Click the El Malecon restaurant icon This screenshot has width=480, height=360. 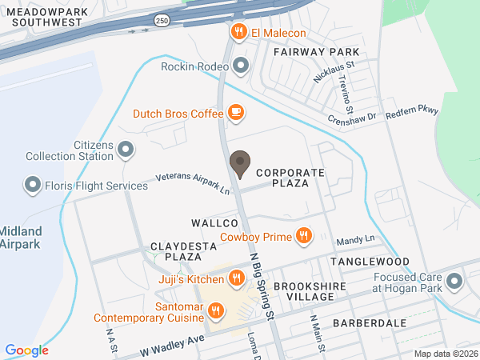coord(238,33)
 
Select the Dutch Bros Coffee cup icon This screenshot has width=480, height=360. coord(235,114)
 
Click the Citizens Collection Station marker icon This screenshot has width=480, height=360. coord(126,149)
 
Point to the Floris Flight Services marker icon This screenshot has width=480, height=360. coord(33,186)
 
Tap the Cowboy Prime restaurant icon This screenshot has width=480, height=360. coord(303,236)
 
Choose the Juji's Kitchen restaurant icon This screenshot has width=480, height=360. coord(236,278)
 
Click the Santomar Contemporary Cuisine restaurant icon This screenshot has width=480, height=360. coord(215,310)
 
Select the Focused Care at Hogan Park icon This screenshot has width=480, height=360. coord(455,282)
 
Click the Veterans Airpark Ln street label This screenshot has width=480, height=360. coord(192,184)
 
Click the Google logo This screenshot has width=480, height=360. coord(26,350)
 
